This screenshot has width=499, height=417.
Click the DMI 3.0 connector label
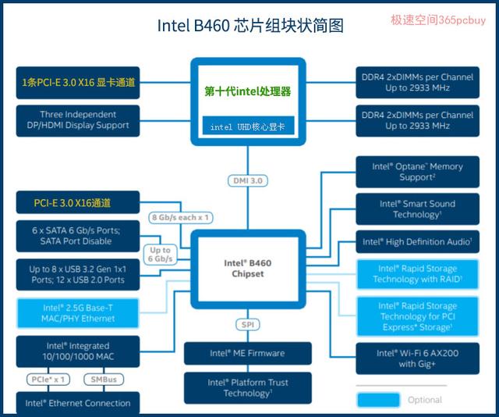pyautogui.click(x=248, y=180)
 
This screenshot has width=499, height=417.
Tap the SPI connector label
pyautogui.click(x=248, y=325)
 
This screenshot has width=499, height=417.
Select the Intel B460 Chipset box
pyautogui.click(x=248, y=269)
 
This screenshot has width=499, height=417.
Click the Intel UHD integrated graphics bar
pyautogui.click(x=248, y=126)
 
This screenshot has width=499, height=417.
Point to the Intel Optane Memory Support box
pyautogui.click(x=417, y=172)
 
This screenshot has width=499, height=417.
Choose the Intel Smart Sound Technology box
pyautogui.click(x=417, y=208)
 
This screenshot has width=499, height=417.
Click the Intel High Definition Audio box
pyautogui.click(x=417, y=241)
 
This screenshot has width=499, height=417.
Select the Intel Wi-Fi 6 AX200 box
pyautogui.click(x=417, y=358)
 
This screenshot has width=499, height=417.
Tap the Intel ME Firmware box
pyautogui.click(x=248, y=353)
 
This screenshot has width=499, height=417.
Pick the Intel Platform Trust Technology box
pyautogui.click(x=248, y=387)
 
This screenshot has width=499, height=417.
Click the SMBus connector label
pyautogui.click(x=104, y=380)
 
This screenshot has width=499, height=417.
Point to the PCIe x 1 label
pyautogui.click(x=48, y=380)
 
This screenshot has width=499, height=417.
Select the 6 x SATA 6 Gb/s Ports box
pyautogui.click(x=78, y=236)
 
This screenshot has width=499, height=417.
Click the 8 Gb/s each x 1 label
pyautogui.click(x=180, y=217)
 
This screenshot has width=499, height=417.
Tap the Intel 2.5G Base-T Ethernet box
pyautogui.click(x=78, y=313)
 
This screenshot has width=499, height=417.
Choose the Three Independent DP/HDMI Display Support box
pyautogui.click(x=78, y=120)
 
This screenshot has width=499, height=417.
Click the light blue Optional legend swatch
pyautogui.click(x=378, y=400)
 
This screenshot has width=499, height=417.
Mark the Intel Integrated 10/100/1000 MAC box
pyautogui.click(x=78, y=351)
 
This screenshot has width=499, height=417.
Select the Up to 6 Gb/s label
pyautogui.click(x=160, y=255)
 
